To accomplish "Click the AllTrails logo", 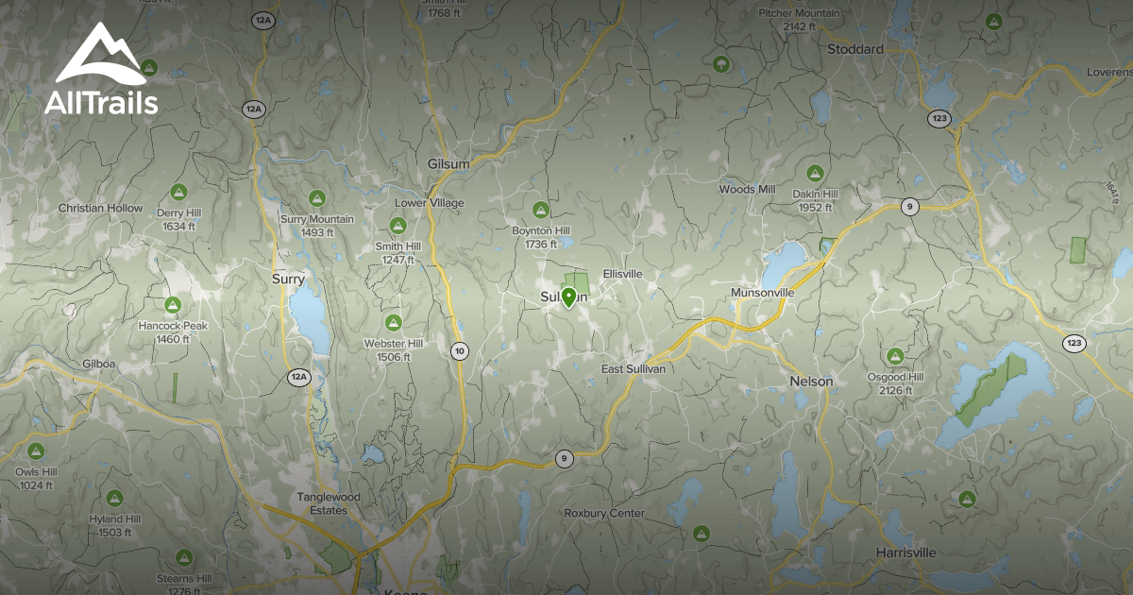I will pyautogui.click(x=100, y=71).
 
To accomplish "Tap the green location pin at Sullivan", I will pyautogui.click(x=568, y=298).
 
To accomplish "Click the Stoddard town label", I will pyautogui.click(x=854, y=49).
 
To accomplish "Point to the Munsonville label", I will pyautogui.click(x=763, y=293).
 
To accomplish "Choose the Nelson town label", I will pyautogui.click(x=811, y=382).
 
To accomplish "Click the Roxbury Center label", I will pyautogui.click(x=604, y=513).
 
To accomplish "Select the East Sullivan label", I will pyautogui.click(x=634, y=368).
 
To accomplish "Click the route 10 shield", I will pyautogui.click(x=459, y=351).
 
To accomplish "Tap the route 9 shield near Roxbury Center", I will pyautogui.click(x=564, y=459).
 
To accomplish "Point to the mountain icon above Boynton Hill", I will pyautogui.click(x=541, y=210).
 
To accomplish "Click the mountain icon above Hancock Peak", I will pyautogui.click(x=172, y=305).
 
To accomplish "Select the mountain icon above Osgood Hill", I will pyautogui.click(x=895, y=356).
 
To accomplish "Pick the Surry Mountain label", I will pyautogui.click(x=317, y=219).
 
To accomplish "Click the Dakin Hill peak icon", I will pyautogui.click(x=815, y=173).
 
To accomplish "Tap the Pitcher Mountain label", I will pyautogui.click(x=799, y=13).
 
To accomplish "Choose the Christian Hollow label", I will pyautogui.click(x=101, y=208).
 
